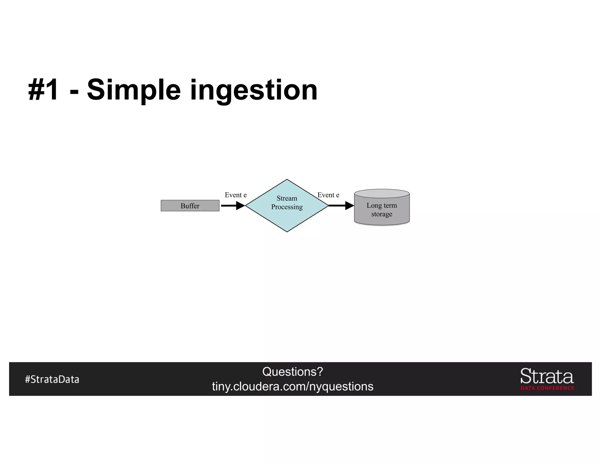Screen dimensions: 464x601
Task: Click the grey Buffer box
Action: pos(190,206)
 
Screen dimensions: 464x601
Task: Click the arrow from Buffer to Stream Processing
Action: pos(232,206)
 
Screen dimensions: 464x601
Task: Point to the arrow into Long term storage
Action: pos(341,206)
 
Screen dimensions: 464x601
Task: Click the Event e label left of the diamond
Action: pos(236,195)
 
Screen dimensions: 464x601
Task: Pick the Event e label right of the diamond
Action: pos(328,195)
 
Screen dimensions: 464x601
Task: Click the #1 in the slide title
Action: pos(43,90)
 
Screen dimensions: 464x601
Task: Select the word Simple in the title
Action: pos(134,90)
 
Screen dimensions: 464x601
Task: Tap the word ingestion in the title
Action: pos(254,90)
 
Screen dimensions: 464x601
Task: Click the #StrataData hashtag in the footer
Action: pos(52,379)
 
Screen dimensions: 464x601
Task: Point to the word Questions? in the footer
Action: pos(293,372)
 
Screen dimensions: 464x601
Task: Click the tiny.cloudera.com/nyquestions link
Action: pos(293,387)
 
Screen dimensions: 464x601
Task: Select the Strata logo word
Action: pos(547,376)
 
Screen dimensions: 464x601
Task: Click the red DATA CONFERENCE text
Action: pos(547,388)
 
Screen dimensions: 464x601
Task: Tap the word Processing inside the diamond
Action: pos(287,207)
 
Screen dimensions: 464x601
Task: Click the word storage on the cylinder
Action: pos(381,214)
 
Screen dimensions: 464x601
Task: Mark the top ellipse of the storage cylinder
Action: pos(381,194)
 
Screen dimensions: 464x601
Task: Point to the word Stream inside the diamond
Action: pos(287,199)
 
